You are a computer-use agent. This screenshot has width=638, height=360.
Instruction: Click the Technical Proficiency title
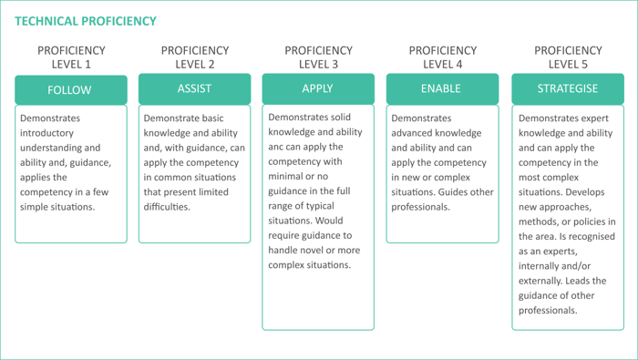(x=86, y=21)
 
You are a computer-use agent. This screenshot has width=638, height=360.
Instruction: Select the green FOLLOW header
(x=70, y=89)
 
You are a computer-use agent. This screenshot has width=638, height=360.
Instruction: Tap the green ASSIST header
(x=194, y=88)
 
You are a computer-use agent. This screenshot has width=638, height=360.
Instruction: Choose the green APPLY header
(x=317, y=88)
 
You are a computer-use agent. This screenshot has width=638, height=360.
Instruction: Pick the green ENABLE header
(x=441, y=88)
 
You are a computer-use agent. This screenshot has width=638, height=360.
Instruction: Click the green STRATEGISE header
(x=568, y=88)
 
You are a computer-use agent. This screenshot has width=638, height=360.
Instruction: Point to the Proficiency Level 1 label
(x=71, y=57)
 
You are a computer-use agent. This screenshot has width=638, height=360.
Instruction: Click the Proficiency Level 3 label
(x=318, y=57)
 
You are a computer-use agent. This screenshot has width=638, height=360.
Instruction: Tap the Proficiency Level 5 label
(x=568, y=57)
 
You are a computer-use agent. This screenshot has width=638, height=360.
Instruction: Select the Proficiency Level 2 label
(x=194, y=57)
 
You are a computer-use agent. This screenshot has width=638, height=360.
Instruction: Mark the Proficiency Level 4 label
(x=442, y=57)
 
